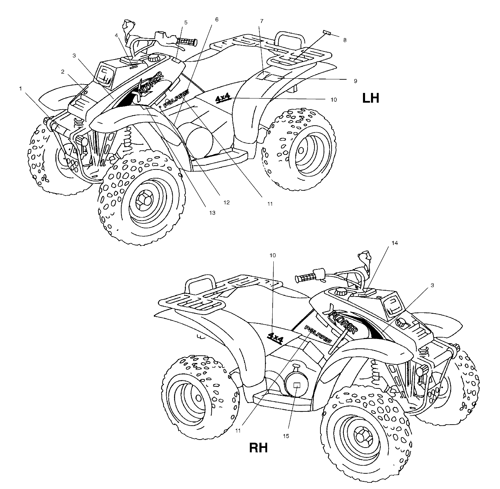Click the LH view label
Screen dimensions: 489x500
(370, 98)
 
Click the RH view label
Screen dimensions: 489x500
(258, 448)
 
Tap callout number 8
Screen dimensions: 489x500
(344, 40)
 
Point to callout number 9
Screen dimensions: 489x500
(355, 81)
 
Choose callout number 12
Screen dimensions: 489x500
(227, 202)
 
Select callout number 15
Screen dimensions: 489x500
(288, 436)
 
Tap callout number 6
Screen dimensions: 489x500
(217, 19)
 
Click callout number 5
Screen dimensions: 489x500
(186, 22)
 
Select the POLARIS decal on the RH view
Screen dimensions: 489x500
(318, 334)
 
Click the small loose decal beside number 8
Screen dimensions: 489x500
(327, 32)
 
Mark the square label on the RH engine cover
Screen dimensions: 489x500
(297, 385)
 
